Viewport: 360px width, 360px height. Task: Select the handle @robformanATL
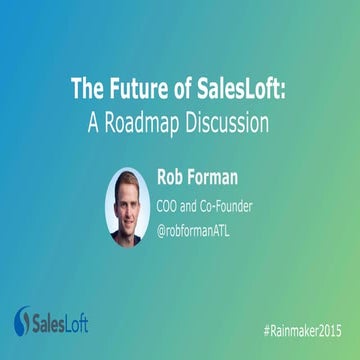point(205,232)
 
